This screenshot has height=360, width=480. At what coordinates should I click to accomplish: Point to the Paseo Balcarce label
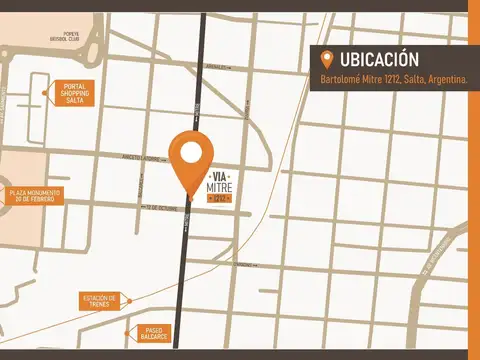[152, 333]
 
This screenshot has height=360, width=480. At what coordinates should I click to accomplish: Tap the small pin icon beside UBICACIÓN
[326, 60]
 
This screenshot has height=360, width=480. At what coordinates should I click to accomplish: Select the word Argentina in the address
[447, 79]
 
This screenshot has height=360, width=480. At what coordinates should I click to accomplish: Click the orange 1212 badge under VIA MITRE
[218, 199]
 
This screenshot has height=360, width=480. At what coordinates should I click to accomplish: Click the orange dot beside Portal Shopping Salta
[45, 93]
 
